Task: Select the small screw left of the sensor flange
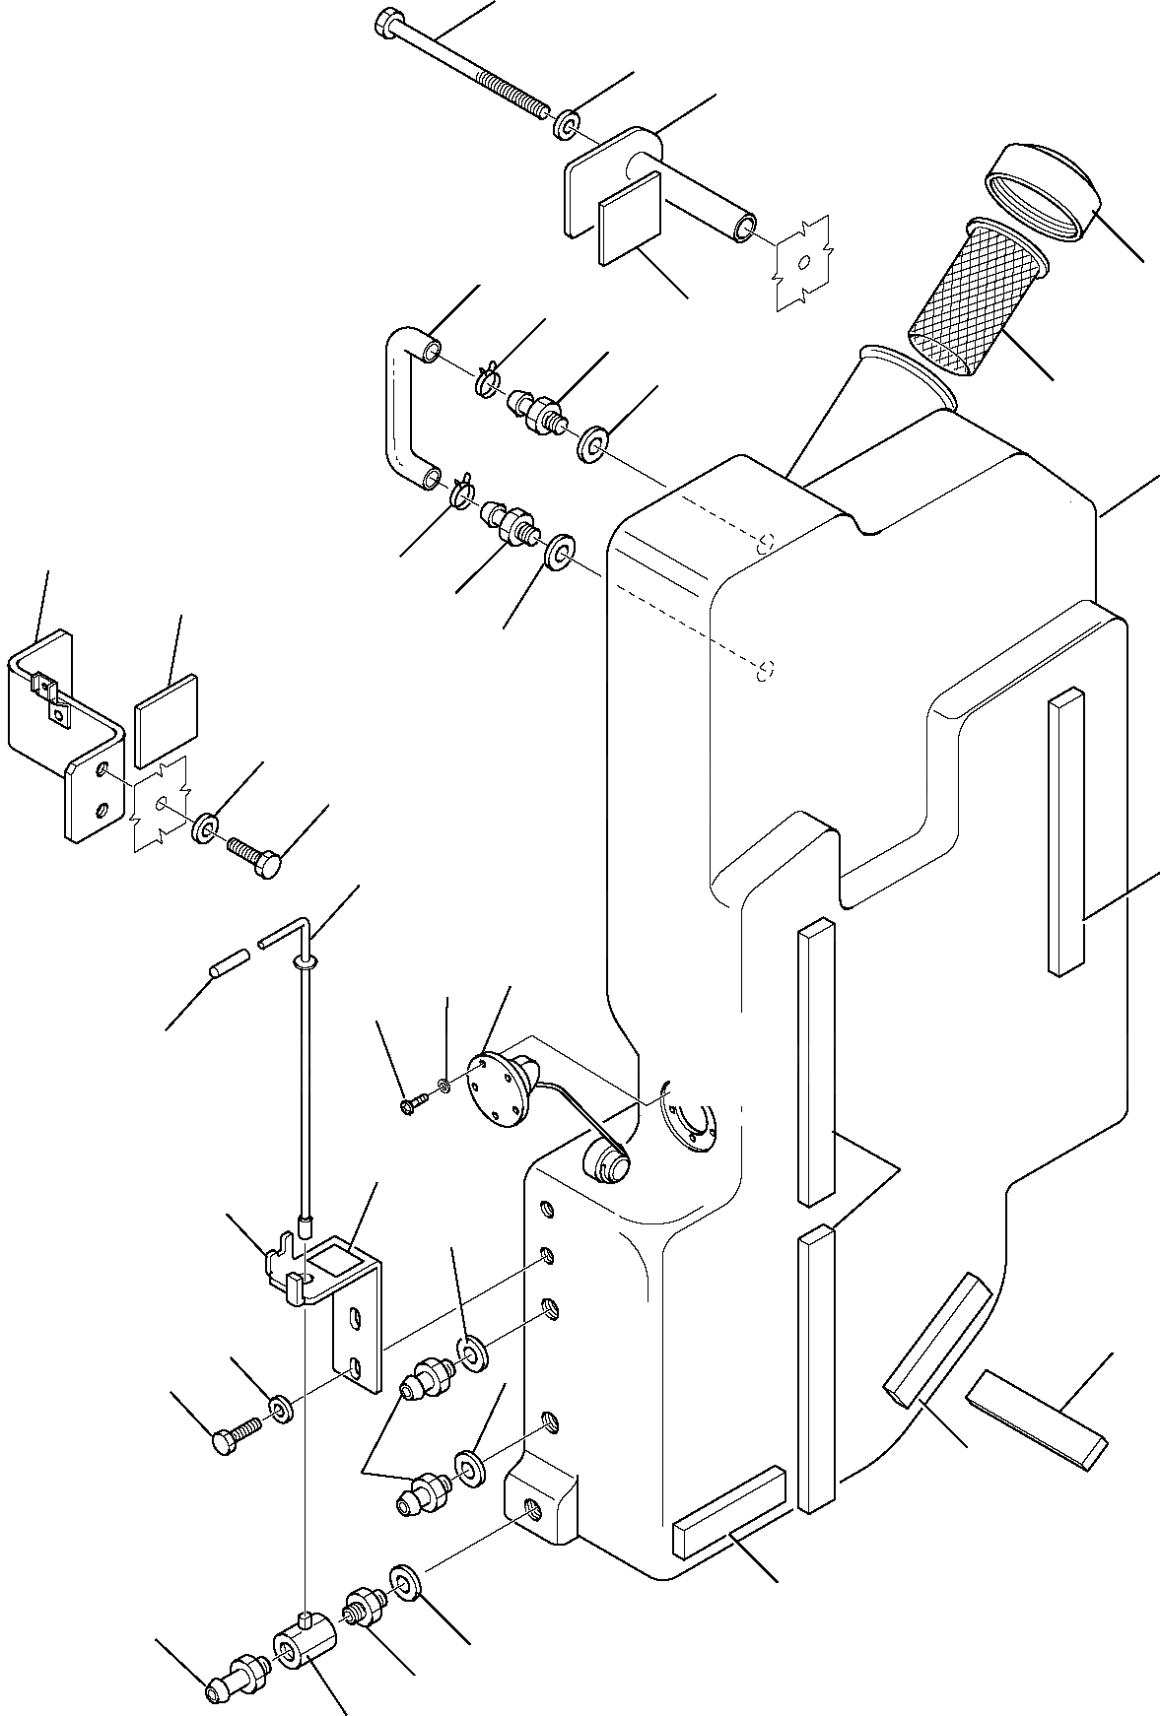(412, 1106)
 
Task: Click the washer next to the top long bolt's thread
(567, 126)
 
